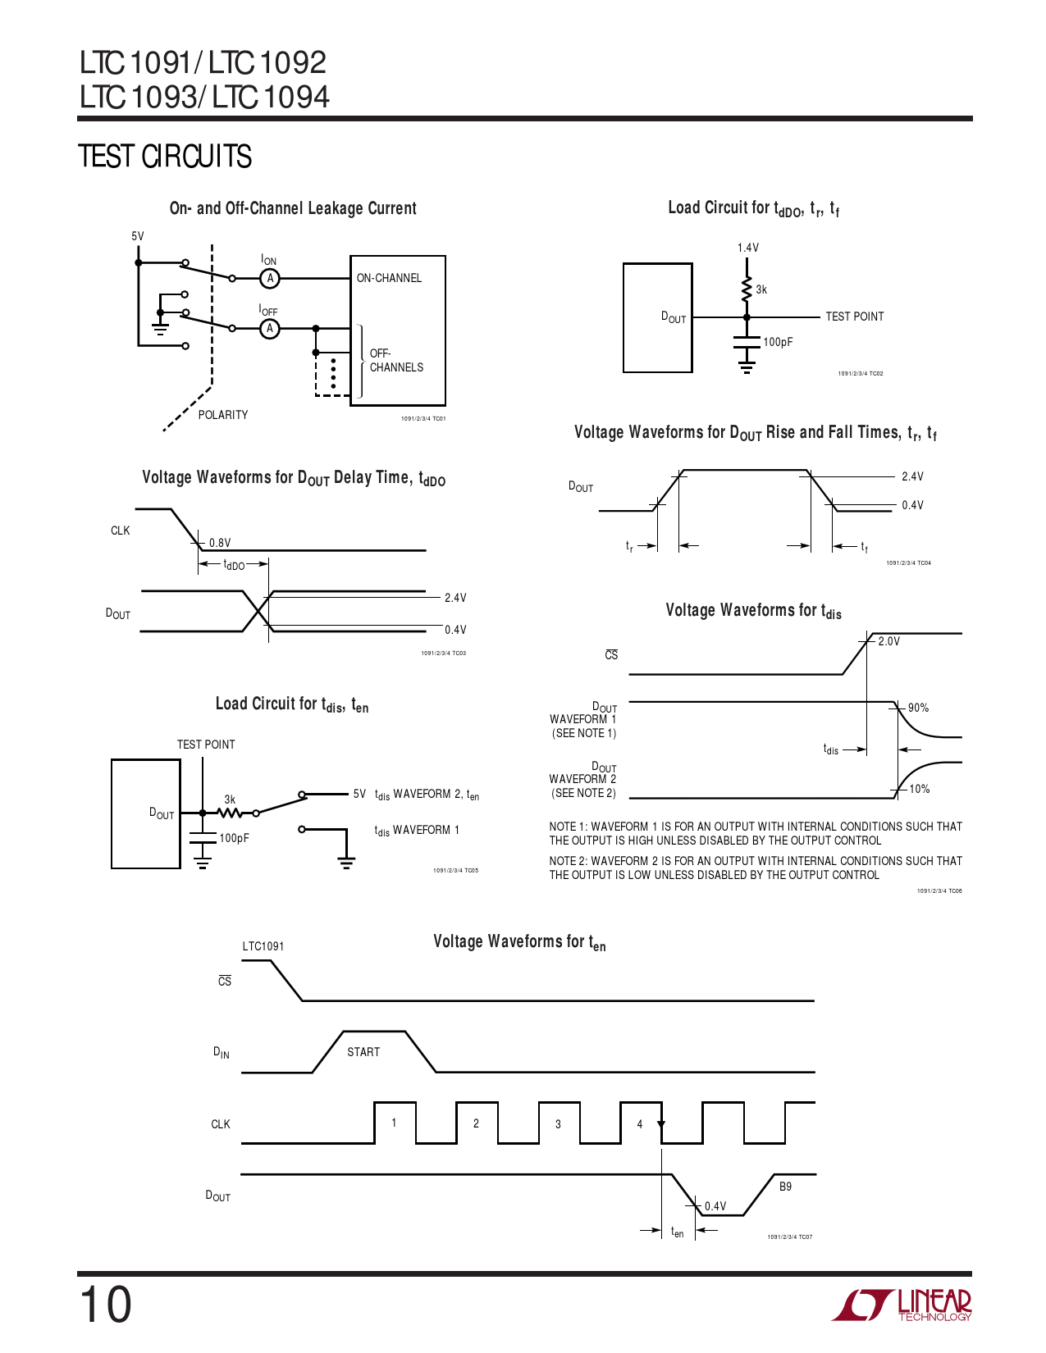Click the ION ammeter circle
(270, 279)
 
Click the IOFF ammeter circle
(270, 329)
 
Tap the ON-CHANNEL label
(389, 279)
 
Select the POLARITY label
(223, 415)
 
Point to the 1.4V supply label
(748, 248)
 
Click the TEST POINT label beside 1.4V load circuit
(854, 317)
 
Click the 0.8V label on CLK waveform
(220, 543)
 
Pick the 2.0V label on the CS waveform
(888, 641)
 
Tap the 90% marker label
(918, 708)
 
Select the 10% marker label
(919, 789)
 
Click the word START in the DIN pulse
(363, 1052)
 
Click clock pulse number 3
(558, 1124)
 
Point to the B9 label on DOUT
(785, 1187)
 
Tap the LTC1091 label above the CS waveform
(263, 946)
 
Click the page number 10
(106, 1305)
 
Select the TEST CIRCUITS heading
(165, 157)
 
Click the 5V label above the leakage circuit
(138, 236)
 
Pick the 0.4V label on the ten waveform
(715, 1206)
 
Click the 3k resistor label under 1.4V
(761, 289)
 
